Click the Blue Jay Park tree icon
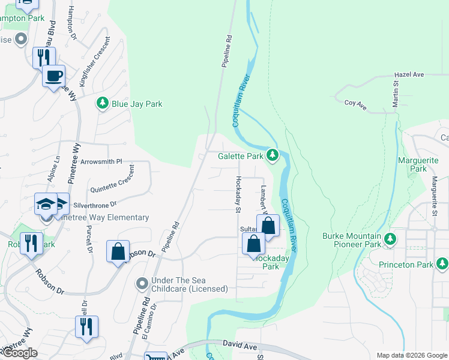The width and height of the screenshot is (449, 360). [103, 104]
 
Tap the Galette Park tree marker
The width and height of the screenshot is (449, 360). [273, 156]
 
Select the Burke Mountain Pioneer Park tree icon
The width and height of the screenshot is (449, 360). [390, 239]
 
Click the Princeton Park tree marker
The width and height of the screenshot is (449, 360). [442, 264]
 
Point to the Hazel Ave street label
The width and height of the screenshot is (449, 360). [409, 75]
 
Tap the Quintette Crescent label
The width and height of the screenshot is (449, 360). [112, 179]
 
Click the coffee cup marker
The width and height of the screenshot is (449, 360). [53, 76]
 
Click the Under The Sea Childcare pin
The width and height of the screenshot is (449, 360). [142, 282]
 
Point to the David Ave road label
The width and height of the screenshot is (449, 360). [240, 345]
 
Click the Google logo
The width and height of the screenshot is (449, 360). [20, 353]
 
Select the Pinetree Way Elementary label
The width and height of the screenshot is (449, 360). [103, 217]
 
